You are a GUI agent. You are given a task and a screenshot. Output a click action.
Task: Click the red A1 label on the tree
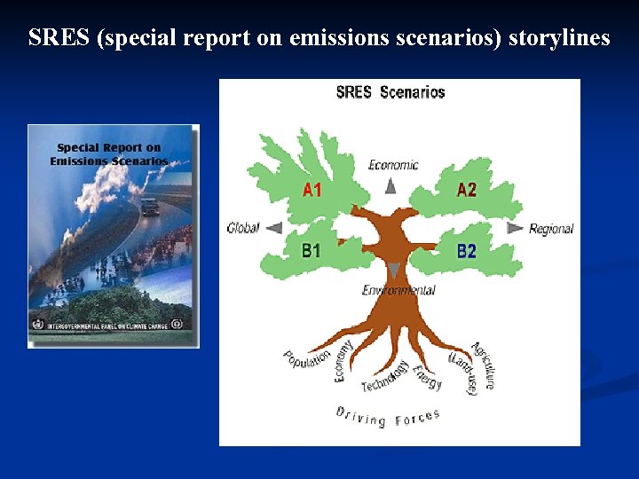312,190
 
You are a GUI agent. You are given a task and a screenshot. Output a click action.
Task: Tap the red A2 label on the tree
467,190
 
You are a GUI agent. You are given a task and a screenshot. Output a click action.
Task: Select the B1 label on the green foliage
311,251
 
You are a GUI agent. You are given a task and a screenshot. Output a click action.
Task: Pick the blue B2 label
467,251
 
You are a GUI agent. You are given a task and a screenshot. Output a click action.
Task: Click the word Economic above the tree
393,164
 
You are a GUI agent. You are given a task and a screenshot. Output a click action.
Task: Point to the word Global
243,228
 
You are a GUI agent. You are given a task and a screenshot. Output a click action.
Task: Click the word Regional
551,229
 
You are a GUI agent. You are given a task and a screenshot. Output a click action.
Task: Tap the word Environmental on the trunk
398,290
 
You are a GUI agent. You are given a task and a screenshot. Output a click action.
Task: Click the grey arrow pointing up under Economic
390,185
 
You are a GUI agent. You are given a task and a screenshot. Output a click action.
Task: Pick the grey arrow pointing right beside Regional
515,228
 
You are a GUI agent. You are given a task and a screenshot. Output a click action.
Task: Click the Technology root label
385,377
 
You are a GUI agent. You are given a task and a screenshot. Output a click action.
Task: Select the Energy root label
428,377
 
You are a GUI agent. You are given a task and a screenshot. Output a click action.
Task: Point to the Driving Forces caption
388,415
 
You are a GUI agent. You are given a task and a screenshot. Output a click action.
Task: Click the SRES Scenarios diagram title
390,92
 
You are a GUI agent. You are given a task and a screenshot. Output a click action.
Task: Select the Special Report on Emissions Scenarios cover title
109,154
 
